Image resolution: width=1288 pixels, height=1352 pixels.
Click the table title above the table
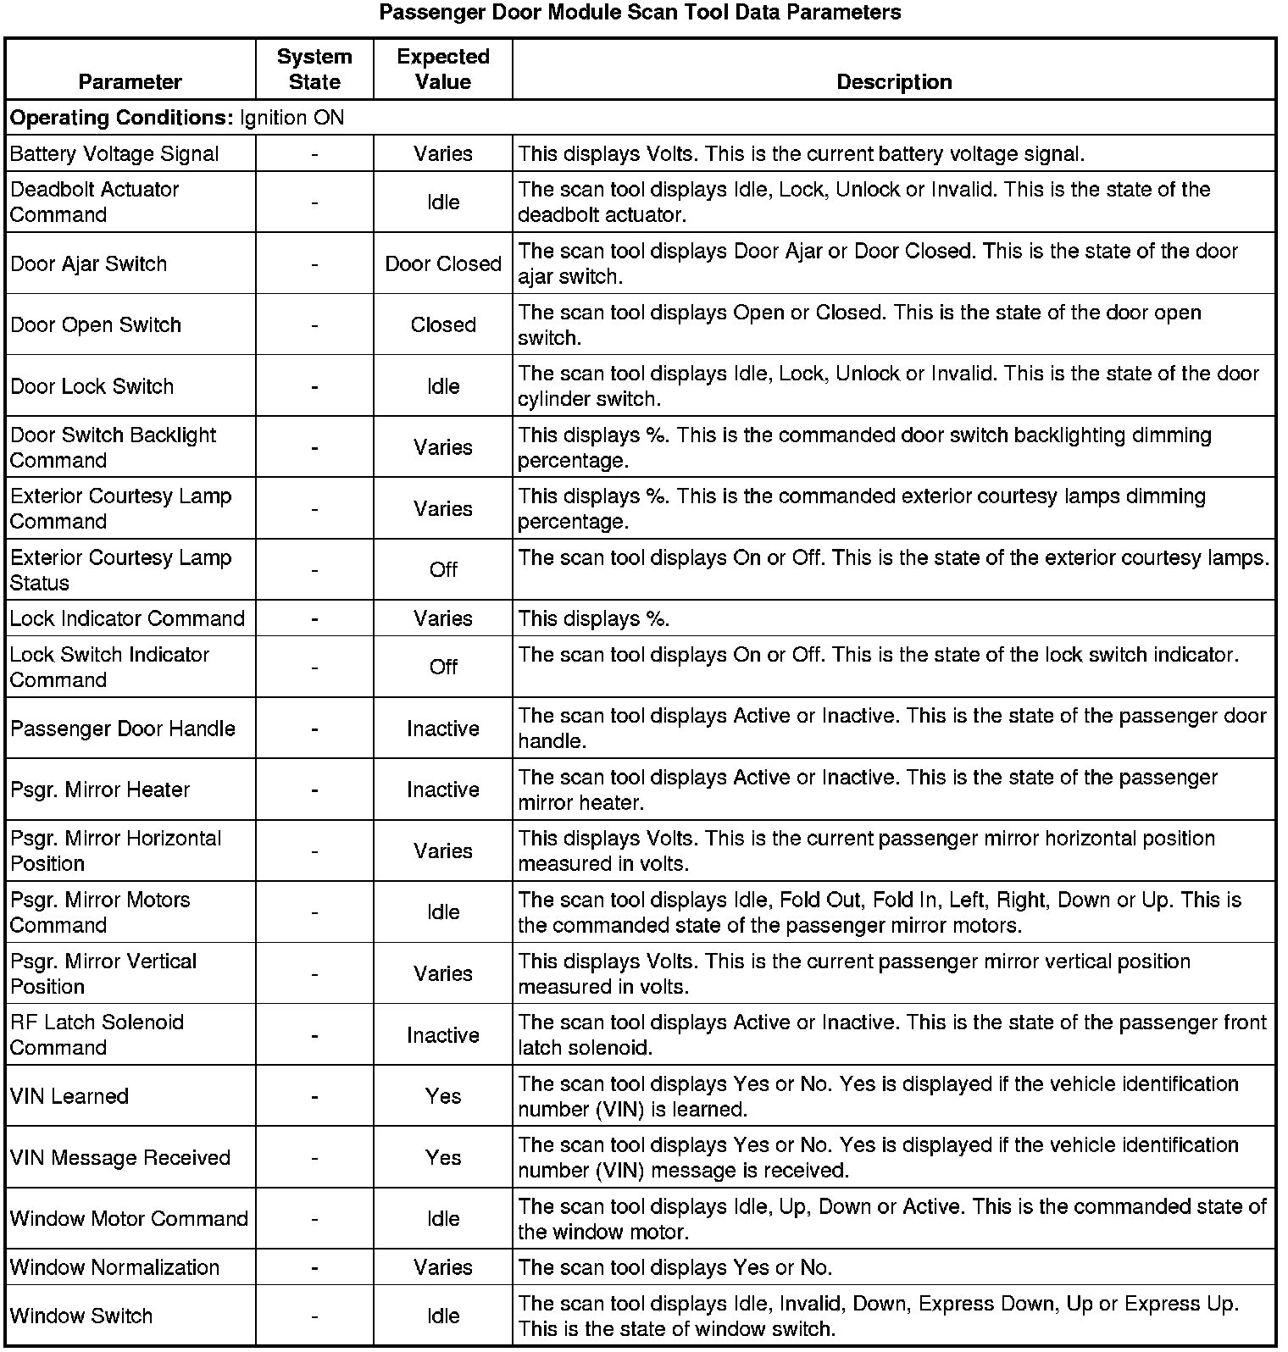(x=640, y=13)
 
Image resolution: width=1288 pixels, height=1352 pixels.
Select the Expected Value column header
(x=443, y=69)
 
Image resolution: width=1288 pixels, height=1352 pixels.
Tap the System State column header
(x=314, y=69)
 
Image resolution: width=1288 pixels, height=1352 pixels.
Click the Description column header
(x=894, y=82)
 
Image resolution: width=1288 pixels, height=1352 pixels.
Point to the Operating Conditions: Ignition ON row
(x=177, y=118)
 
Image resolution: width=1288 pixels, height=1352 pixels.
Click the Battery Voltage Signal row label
(x=114, y=154)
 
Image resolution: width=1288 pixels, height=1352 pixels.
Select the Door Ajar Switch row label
(x=89, y=264)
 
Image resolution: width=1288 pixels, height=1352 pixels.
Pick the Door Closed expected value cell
(x=443, y=264)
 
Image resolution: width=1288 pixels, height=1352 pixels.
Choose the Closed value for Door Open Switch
(x=443, y=325)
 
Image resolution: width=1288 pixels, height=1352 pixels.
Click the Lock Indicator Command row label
(x=127, y=619)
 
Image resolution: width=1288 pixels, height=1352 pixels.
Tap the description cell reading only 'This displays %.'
(x=594, y=619)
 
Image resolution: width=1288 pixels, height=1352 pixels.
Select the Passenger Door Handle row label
(x=123, y=729)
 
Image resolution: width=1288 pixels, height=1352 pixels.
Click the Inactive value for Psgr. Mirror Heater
(x=443, y=790)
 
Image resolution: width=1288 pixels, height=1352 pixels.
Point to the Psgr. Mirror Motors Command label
(x=100, y=912)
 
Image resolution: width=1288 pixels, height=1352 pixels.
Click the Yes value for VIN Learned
(x=443, y=1097)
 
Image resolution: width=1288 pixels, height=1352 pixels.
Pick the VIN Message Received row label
(x=120, y=1158)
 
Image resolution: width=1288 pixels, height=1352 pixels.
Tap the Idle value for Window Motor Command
(x=443, y=1219)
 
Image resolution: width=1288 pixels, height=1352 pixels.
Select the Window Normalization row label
(x=114, y=1268)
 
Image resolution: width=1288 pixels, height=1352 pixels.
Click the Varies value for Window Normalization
(x=443, y=1268)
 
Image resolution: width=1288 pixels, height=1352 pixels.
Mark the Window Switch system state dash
(x=314, y=1316)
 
